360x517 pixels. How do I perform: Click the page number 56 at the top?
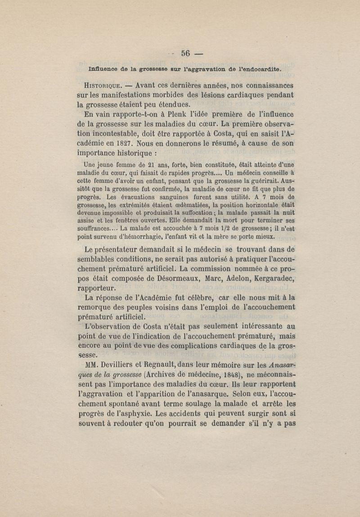click(186, 53)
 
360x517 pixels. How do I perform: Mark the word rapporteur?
click(98, 288)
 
